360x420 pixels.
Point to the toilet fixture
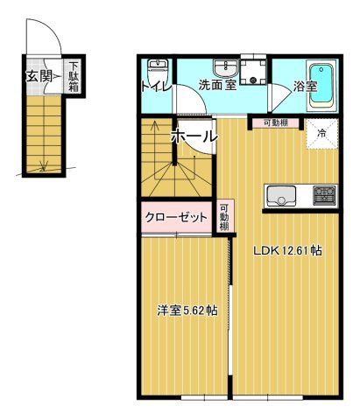(158, 70)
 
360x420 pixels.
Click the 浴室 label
(304, 87)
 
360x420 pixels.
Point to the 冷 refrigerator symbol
(321, 134)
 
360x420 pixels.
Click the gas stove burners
(324, 193)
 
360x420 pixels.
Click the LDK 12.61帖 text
(288, 250)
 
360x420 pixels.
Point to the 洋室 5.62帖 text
(187, 311)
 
